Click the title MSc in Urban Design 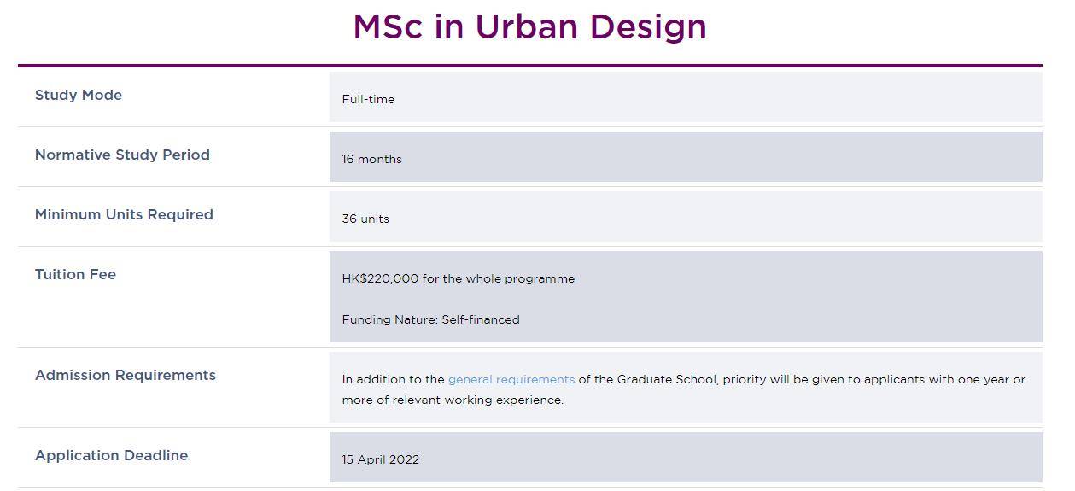pos(530,26)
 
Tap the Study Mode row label pos(79,95)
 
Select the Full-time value pos(368,99)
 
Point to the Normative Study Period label pos(122,155)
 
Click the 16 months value pos(372,159)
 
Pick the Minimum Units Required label pos(124,214)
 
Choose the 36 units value pos(365,219)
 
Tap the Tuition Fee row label pos(75,274)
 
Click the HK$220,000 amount pos(380,279)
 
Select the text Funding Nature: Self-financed pos(430,319)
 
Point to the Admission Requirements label pos(126,375)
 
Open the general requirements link pos(511,380)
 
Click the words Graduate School pos(667,379)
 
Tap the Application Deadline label pos(111,455)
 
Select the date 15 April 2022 pos(381,459)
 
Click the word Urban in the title pos(527,26)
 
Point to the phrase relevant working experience pos(477,400)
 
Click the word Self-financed pos(481,319)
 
